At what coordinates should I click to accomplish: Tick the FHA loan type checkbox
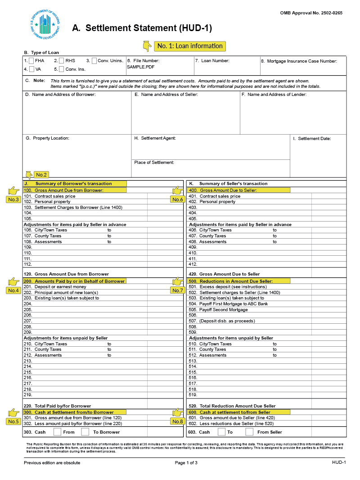[31, 61]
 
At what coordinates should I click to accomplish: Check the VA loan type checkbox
[31, 69]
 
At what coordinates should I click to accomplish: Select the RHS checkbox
[61, 61]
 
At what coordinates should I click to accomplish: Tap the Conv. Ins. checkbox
[61, 69]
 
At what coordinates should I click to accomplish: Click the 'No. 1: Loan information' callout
[189, 46]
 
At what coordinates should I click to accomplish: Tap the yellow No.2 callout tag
[41, 175]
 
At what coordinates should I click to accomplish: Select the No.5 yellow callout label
[13, 421]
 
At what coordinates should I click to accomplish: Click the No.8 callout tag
[177, 421]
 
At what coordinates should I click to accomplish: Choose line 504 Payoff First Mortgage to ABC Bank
[234, 304]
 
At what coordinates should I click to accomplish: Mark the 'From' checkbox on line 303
[57, 432]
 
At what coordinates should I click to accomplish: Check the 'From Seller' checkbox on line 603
[249, 432]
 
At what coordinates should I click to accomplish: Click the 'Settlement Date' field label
[314, 139]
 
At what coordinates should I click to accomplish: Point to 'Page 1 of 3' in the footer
[186, 462]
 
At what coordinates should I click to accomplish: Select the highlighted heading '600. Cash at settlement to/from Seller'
[235, 412]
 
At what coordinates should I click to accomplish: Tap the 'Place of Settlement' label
[154, 163]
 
